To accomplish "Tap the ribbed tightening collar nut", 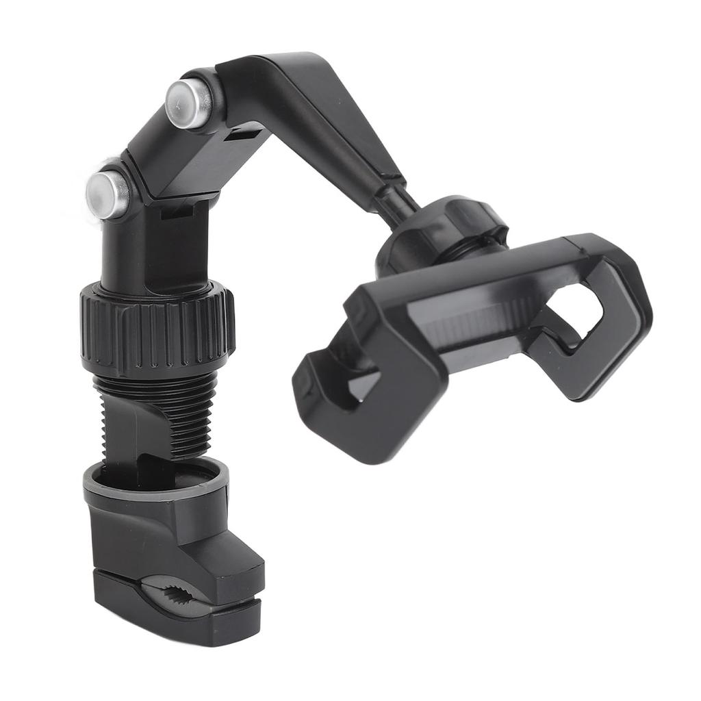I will [157, 327].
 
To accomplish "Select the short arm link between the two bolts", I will [161, 154].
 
